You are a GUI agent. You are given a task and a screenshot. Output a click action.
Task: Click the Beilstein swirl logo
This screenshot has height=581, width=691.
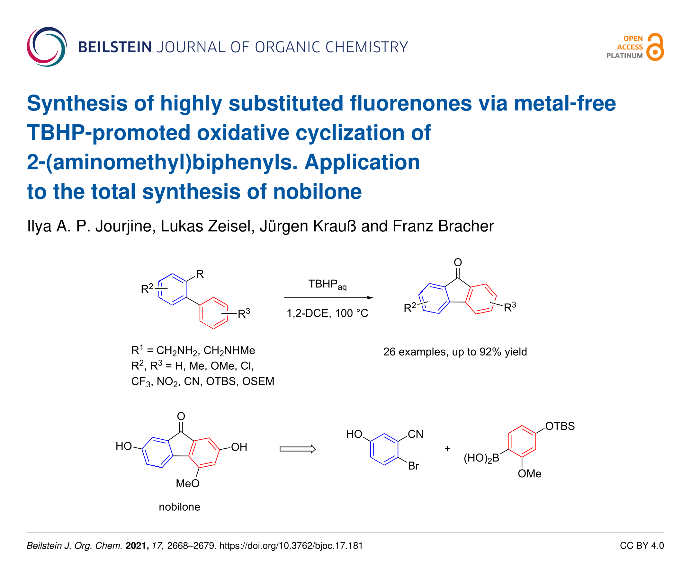pyautogui.click(x=47, y=47)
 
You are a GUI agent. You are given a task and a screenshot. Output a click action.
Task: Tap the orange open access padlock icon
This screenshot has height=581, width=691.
pyautogui.click(x=654, y=47)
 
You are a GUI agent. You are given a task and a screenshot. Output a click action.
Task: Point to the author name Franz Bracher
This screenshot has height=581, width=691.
pyautogui.click(x=443, y=226)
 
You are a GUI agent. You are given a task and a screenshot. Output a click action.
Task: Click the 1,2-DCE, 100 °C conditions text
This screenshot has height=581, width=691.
pyautogui.click(x=327, y=313)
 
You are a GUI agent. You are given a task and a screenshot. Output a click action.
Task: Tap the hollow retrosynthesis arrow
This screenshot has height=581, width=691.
pyautogui.click(x=297, y=449)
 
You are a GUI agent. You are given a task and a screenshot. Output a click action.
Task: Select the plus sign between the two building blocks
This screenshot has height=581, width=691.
pyautogui.click(x=447, y=449)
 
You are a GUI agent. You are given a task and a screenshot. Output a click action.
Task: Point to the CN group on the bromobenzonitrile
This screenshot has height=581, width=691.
pyautogui.click(x=415, y=434)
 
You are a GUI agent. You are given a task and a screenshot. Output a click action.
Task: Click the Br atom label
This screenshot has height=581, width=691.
pyautogui.click(x=413, y=466)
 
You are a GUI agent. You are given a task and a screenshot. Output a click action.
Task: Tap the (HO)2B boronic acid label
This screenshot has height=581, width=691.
pyautogui.click(x=481, y=458)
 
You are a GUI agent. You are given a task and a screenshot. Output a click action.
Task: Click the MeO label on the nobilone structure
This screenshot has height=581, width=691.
pyautogui.click(x=187, y=483)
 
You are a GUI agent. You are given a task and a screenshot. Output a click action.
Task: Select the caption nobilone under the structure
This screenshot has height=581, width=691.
pyautogui.click(x=179, y=507)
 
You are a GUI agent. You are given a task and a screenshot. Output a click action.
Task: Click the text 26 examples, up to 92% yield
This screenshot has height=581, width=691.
pyautogui.click(x=455, y=352)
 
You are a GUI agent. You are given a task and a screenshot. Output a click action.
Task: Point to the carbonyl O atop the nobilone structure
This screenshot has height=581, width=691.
pyautogui.click(x=181, y=416)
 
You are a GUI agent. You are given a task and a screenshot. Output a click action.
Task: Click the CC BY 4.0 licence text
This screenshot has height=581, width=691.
pyautogui.click(x=641, y=546)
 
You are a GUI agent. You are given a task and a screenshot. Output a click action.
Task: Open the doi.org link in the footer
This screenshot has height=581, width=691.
pyautogui.click(x=291, y=546)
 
